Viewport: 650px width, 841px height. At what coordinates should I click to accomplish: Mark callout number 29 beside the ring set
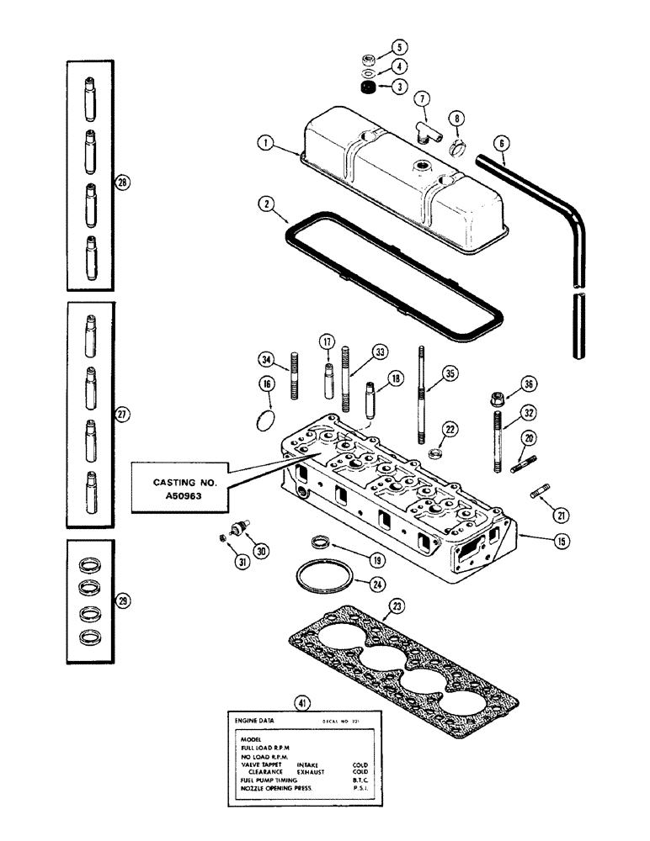pos(125,600)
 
